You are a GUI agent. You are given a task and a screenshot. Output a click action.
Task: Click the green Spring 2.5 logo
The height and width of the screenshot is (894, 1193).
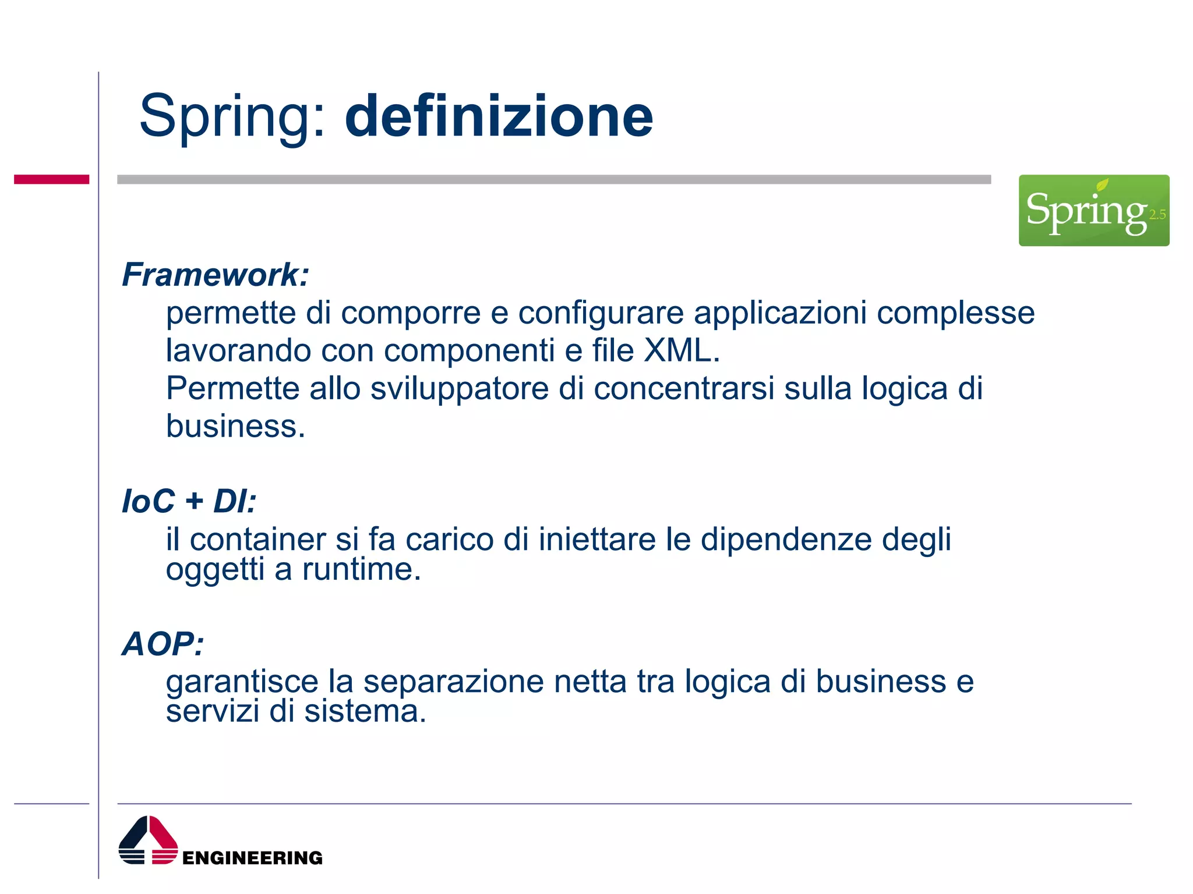tap(1093, 210)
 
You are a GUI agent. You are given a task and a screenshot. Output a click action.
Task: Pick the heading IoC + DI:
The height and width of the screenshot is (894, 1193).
tap(189, 501)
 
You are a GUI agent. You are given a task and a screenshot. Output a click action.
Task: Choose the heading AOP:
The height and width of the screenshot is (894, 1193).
tap(163, 644)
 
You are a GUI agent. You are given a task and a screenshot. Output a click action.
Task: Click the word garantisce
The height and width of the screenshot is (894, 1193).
tap(242, 682)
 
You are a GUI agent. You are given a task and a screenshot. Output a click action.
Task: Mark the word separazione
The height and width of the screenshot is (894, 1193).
tap(453, 682)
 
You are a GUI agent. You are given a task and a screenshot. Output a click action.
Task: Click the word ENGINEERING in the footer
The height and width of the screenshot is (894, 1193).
tap(252, 857)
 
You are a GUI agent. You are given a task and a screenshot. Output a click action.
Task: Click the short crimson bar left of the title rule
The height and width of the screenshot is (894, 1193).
tap(51, 179)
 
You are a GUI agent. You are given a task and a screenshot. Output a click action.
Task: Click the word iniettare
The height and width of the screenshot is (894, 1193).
tap(597, 539)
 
